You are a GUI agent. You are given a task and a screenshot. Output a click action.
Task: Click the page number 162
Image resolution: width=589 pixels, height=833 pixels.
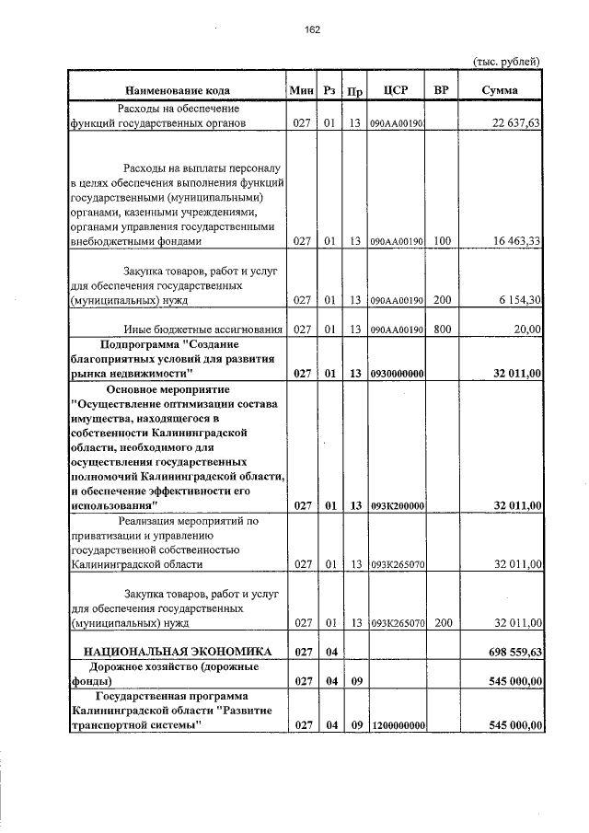coord(311,30)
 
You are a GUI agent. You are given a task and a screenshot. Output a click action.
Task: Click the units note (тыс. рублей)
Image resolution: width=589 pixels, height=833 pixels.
coord(505,62)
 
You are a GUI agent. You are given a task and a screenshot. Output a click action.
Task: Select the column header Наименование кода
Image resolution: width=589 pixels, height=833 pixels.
coord(178,90)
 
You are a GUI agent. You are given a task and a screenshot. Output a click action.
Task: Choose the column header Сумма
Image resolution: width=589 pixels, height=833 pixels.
coord(499,90)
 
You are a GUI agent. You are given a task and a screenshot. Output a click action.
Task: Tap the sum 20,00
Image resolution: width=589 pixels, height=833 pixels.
coord(526,330)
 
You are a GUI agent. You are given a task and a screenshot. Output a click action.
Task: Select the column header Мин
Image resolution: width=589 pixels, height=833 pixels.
coord(301,90)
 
